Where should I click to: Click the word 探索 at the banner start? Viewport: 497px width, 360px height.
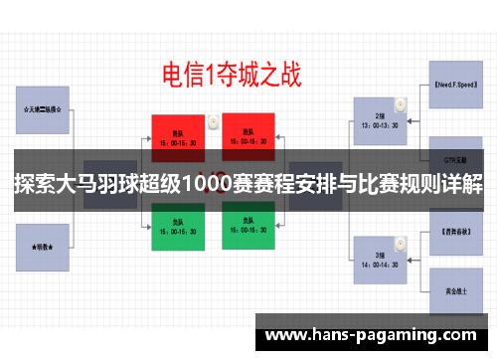point(33,186)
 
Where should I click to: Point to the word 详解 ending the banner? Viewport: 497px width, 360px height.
point(462,186)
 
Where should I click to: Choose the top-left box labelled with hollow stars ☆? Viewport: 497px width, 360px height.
point(42,110)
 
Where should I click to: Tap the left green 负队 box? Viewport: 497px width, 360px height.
point(178,228)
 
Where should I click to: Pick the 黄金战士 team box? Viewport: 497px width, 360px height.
point(456,290)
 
